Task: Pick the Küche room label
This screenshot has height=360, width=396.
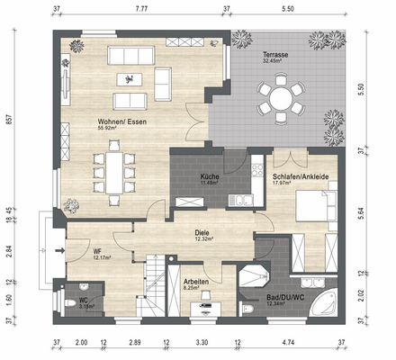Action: (x=210, y=176)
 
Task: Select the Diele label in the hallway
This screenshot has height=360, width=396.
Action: (x=202, y=231)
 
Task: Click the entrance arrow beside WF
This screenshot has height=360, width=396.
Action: (x=61, y=250)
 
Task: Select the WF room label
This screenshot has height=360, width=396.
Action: (x=97, y=251)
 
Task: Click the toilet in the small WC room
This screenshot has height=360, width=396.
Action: (x=70, y=305)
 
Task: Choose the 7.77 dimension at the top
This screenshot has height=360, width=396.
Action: (x=141, y=8)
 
